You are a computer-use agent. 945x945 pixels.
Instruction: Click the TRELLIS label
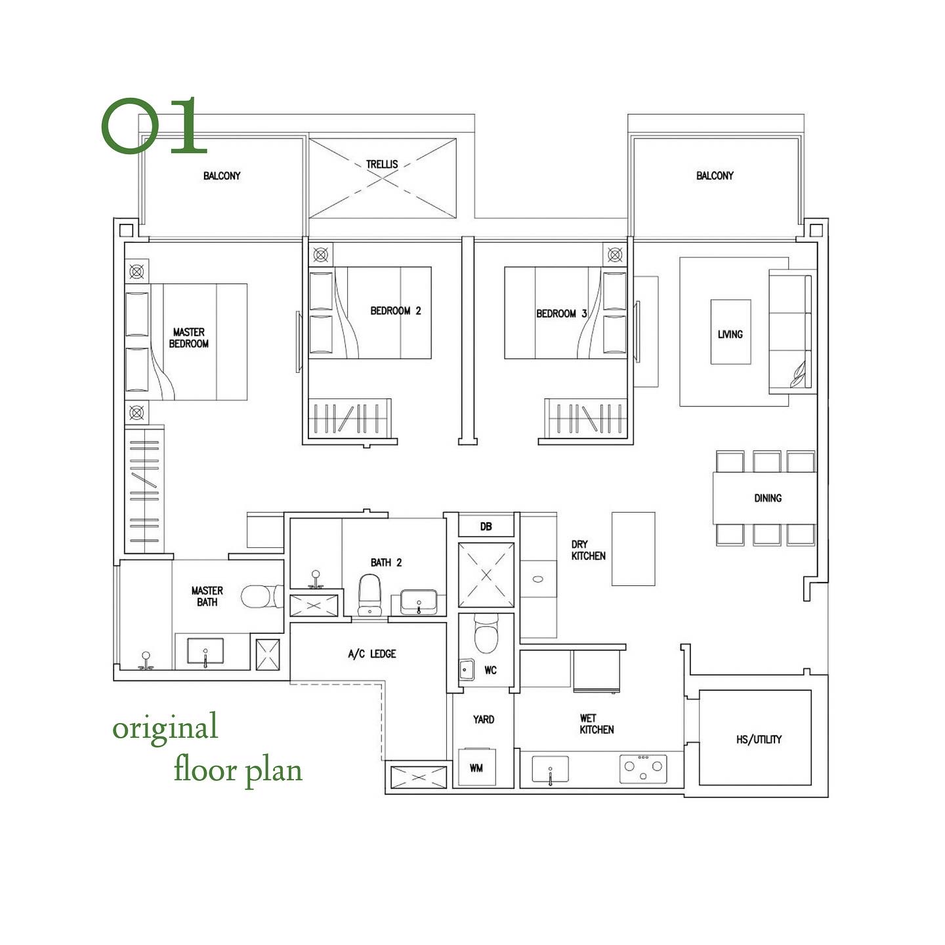pos(382,164)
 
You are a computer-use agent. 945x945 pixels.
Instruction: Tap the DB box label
pos(486,526)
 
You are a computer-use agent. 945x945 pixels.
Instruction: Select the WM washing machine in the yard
pos(476,767)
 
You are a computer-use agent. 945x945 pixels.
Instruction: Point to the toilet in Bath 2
pos(369,594)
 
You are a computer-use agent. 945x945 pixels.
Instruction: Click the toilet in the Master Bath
pos(261,597)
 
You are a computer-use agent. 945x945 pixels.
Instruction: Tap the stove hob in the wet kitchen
pos(643,768)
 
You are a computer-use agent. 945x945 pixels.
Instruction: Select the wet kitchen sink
pos(550,769)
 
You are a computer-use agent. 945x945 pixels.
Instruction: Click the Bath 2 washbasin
pos(418,601)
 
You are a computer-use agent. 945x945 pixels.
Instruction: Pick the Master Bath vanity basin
pos(205,651)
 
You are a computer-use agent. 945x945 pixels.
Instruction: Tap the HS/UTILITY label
pos(759,740)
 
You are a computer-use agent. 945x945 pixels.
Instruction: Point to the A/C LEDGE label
pos(371,654)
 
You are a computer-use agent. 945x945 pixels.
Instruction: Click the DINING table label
pos(767,498)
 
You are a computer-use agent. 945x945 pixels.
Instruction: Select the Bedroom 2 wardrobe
pos(350,417)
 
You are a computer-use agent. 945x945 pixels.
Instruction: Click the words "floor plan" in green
pos(238,770)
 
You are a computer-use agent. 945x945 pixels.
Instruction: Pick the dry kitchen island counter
pos(633,549)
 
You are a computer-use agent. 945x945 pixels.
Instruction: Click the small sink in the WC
pos(466,669)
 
